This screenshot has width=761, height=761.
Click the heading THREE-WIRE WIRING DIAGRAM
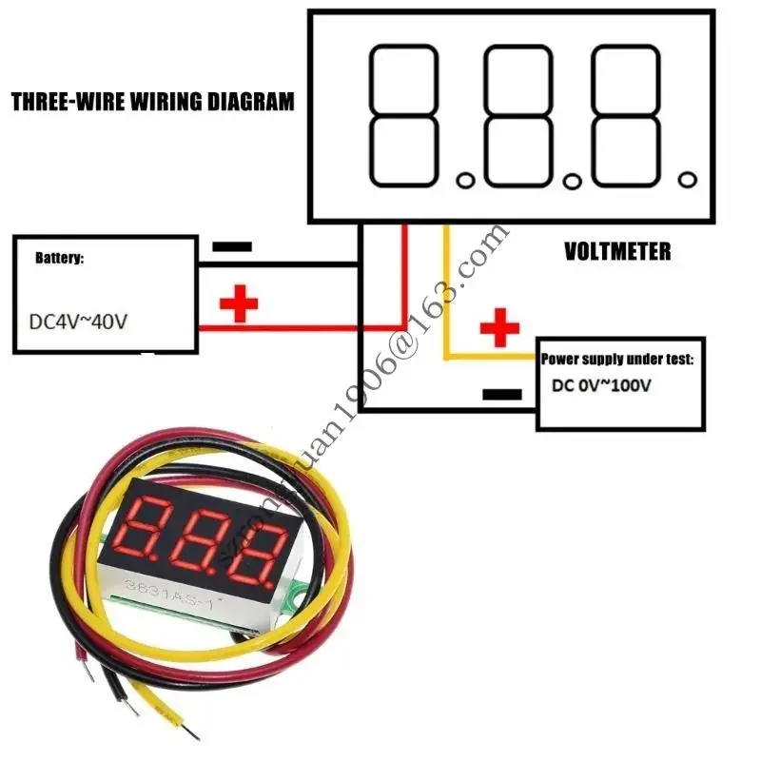tap(152, 102)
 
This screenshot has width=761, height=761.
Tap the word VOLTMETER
tap(616, 252)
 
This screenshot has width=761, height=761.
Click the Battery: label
tap(60, 258)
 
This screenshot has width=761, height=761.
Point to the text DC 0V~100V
tap(601, 386)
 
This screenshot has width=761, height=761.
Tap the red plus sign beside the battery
tap(239, 304)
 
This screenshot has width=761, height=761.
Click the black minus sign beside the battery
tap(232, 246)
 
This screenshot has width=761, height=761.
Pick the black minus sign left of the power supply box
tap(501, 394)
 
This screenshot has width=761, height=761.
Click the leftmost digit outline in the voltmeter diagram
tap(403, 116)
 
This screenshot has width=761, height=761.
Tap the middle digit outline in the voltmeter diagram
tap(517, 116)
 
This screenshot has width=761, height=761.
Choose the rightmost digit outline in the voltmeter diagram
tap(626, 116)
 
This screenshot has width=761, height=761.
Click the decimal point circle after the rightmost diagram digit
tap(687, 179)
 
